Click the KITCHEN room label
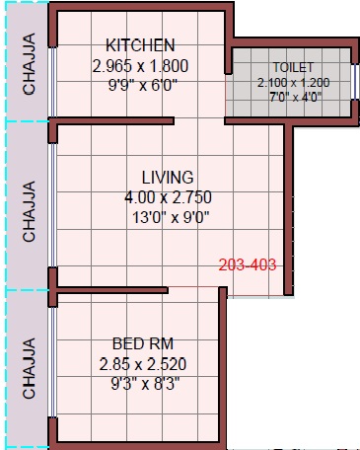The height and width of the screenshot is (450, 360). pos(140,45)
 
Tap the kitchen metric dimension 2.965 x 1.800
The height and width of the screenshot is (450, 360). pos(140,66)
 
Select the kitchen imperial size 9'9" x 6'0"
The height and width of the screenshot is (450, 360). pos(143,86)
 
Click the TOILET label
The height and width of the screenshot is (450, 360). pos(293,67)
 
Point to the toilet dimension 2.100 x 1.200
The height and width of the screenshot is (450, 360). pos(293,82)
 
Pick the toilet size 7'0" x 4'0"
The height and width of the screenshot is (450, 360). pos(295,97)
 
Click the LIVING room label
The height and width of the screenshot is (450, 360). pos(168,178)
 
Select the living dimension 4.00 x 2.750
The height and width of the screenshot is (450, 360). pos(168,197)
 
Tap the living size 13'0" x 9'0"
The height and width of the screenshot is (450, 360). pos(171,217)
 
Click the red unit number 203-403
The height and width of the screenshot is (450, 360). pos(248,264)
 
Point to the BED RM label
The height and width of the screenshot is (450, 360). pos(143,343)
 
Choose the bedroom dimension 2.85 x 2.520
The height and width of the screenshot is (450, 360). pos(143,364)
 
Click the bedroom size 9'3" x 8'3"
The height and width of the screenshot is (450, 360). pos(145,384)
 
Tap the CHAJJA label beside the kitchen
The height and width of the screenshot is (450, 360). pos(29,64)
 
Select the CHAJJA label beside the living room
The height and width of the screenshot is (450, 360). pos(29,211)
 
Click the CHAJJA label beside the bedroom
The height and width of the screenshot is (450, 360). pos(29,368)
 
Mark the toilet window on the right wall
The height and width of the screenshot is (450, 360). pos(354,82)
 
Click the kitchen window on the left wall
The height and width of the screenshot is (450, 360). pos(52,82)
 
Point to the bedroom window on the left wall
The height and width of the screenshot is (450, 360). pos(52,362)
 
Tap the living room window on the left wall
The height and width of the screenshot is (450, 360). pos(52,205)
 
